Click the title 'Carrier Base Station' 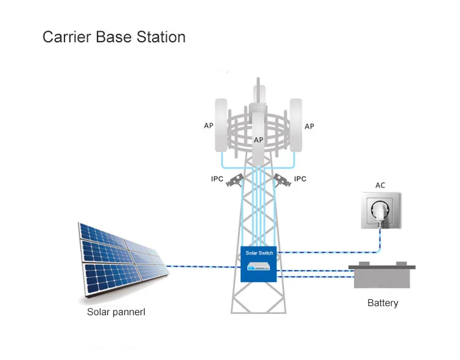click(x=113, y=37)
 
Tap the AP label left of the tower click(x=209, y=126)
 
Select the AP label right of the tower click(x=309, y=126)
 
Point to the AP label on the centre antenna click(x=258, y=140)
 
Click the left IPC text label click(x=217, y=179)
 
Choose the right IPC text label click(x=300, y=179)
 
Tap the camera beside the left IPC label click(x=235, y=179)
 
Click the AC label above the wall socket click(x=380, y=185)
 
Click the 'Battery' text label click(x=383, y=303)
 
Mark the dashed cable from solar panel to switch click(x=202, y=266)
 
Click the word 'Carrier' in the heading click(x=65, y=37)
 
